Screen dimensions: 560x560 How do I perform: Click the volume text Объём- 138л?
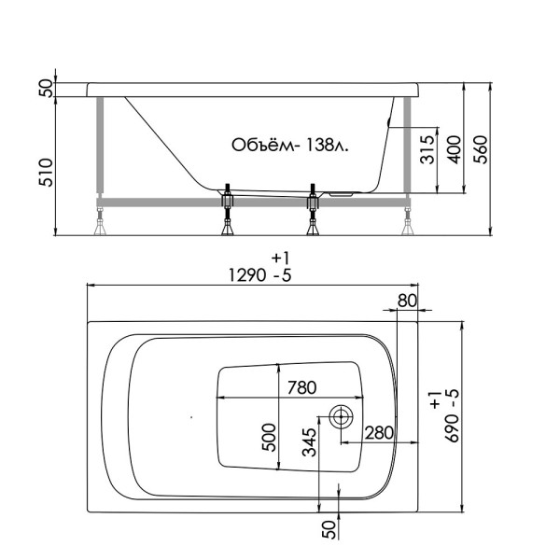coord(289,146)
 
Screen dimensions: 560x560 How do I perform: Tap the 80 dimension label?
coord(406,300)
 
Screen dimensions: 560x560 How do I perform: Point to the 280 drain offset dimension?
coord(376,433)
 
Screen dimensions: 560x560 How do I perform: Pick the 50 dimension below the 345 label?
coord(329,527)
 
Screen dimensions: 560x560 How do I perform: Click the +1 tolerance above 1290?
coord(280,257)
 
